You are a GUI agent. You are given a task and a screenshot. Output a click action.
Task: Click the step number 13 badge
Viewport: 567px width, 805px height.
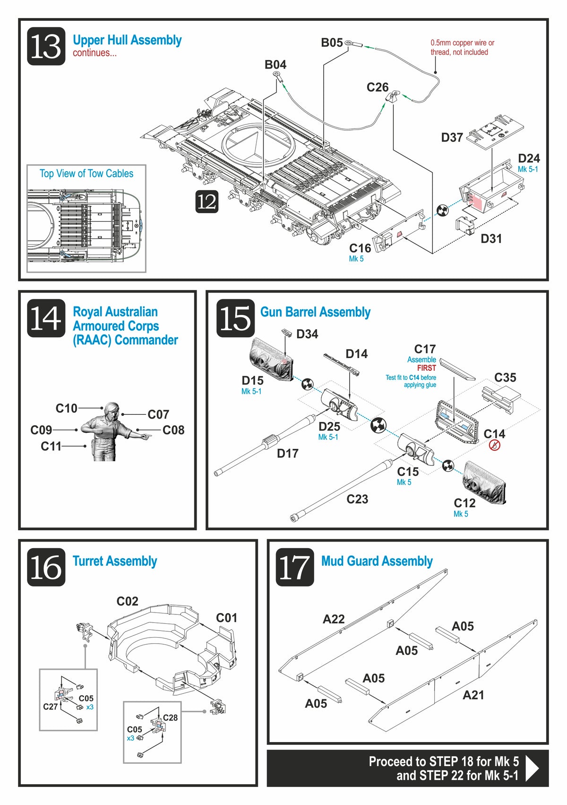pos(46,46)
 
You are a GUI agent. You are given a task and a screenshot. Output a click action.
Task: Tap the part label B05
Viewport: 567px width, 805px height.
pos(332,43)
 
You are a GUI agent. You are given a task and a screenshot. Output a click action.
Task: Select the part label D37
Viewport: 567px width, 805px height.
pos(452,138)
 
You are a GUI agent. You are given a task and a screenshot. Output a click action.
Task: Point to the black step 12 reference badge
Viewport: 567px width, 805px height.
pos(206,201)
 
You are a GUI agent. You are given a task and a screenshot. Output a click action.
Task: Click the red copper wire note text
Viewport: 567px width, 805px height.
pos(462,47)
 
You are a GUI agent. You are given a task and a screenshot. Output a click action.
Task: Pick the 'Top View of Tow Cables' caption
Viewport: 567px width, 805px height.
pos(86,174)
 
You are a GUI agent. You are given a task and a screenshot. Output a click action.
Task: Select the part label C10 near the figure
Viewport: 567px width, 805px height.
pos(66,408)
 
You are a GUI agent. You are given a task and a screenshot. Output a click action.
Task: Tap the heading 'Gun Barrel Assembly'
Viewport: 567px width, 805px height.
pos(315,312)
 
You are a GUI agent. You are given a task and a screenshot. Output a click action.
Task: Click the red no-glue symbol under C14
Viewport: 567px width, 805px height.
pos(494,445)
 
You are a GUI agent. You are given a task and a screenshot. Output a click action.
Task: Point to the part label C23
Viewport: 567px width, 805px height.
pos(357,499)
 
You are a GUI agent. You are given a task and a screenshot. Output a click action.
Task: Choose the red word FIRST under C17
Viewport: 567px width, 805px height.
pos(426,368)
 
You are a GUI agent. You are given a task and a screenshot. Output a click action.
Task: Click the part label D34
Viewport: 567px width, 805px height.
pos(307,334)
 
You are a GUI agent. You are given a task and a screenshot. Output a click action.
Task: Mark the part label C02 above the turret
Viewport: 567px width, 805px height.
pos(127,601)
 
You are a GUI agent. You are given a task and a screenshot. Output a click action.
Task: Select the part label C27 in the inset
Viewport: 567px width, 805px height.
pos(50,707)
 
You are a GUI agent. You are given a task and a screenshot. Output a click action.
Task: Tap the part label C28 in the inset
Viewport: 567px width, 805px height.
pos(170,717)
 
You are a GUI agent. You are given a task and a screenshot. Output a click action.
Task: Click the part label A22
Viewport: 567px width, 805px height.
pos(334,619)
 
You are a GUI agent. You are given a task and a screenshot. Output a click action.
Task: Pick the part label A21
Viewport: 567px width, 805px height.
pos(473,695)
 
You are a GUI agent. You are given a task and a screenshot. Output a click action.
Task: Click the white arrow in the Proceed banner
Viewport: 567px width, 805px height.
pos(532,768)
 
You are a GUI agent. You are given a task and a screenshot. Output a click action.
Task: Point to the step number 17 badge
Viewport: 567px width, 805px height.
pos(294,567)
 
